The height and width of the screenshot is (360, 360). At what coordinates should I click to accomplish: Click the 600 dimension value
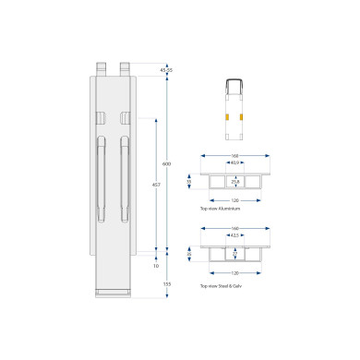(x=167, y=163)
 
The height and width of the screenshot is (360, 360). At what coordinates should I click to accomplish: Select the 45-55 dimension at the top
(x=166, y=70)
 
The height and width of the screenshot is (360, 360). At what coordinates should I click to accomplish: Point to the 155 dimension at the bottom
(x=167, y=283)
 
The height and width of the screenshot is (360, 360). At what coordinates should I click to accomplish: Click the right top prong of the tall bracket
(x=124, y=68)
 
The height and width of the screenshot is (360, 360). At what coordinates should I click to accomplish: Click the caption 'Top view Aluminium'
(x=219, y=210)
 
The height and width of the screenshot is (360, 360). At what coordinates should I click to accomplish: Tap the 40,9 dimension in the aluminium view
(x=236, y=163)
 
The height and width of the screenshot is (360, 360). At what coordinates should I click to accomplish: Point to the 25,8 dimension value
(x=236, y=182)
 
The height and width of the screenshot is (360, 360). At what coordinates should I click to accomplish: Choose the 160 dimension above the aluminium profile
(x=236, y=154)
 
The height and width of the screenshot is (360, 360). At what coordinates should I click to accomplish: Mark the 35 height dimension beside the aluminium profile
(x=190, y=182)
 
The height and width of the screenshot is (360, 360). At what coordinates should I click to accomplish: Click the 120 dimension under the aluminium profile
(x=236, y=198)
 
